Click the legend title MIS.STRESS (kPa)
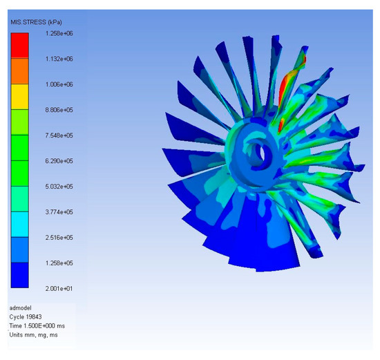(x=36, y=22)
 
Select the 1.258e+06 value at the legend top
(x=59, y=33)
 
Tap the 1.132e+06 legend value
(x=59, y=59)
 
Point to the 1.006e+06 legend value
(x=59, y=84)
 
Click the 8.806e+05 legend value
(x=59, y=110)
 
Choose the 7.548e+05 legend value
(x=59, y=135)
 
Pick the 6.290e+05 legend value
(x=59, y=161)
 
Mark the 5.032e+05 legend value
(x=59, y=187)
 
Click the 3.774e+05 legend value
(x=59, y=212)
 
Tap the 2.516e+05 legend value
(x=59, y=238)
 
